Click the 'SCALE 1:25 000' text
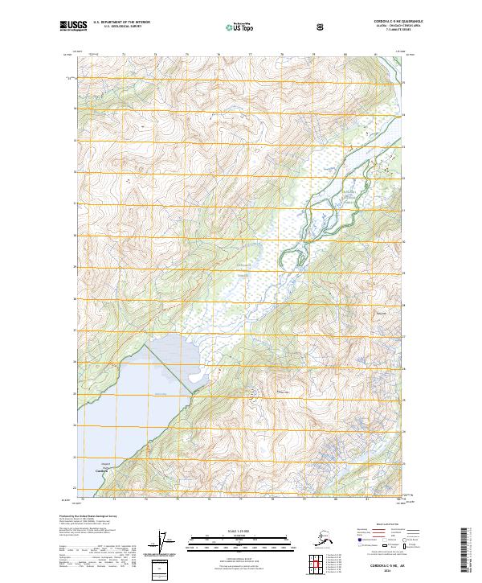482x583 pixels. coord(239,529)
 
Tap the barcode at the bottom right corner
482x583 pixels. coord(470,551)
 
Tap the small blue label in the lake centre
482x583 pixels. coord(161,393)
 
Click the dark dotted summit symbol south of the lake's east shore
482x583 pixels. coord(256,394)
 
